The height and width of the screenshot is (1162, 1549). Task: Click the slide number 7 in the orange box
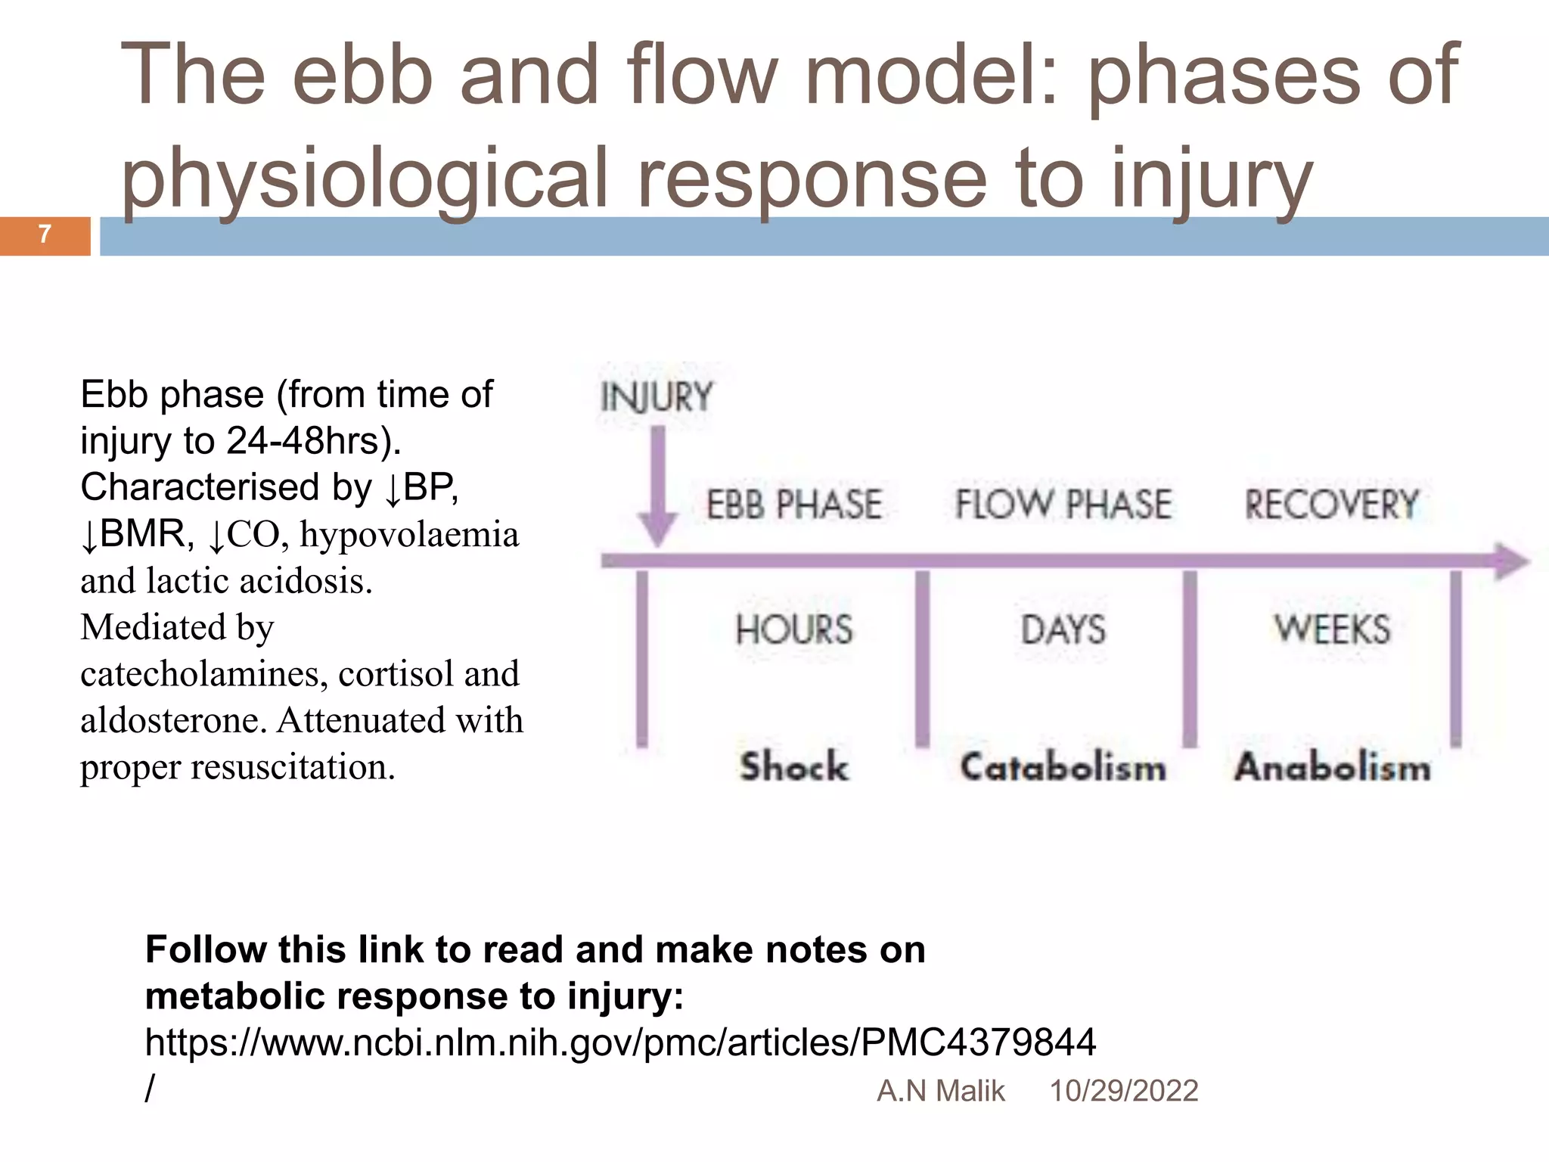click(x=45, y=235)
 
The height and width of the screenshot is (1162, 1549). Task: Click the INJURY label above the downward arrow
click(x=657, y=398)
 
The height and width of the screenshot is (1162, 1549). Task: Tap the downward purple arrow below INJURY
click(x=658, y=484)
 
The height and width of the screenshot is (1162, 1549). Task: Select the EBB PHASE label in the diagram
click(x=794, y=505)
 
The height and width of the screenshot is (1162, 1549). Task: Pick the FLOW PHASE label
click(x=1063, y=505)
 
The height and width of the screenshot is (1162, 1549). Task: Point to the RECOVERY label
click(x=1332, y=505)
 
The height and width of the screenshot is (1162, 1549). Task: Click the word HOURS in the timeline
click(x=794, y=629)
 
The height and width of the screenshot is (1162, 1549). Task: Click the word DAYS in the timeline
click(x=1063, y=629)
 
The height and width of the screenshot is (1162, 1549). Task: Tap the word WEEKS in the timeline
click(x=1332, y=629)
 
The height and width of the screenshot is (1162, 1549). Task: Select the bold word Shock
click(x=794, y=766)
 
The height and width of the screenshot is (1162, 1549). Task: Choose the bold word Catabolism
click(x=1063, y=767)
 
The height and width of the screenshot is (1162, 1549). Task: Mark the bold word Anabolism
click(x=1333, y=767)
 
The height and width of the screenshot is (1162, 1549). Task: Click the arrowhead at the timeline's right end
click(x=1511, y=561)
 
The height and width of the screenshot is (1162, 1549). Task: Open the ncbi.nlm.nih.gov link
click(x=620, y=1042)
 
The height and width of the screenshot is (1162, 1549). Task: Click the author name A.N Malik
click(x=940, y=1091)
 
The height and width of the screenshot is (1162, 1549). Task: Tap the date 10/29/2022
click(x=1123, y=1091)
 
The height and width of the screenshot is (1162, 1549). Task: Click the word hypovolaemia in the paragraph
click(x=409, y=535)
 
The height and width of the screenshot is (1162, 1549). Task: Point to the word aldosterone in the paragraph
click(x=173, y=720)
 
